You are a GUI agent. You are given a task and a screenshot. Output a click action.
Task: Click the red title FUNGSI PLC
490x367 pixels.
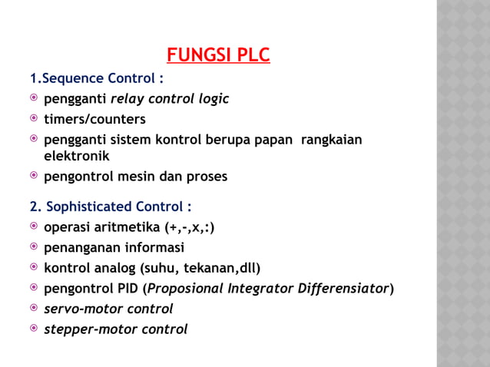tap(218, 56)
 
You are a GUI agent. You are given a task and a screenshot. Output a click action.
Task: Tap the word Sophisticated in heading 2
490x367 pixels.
tap(89, 207)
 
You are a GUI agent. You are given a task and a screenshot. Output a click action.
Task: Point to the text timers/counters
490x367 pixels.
tap(94, 119)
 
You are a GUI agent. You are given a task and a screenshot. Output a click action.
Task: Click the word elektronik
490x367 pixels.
tap(77, 155)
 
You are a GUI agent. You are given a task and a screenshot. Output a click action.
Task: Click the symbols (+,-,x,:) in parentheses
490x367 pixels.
tap(189, 227)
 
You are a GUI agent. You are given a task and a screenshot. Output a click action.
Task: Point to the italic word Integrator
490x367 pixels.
tap(263, 289)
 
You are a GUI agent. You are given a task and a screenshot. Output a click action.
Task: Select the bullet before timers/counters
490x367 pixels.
tap(34, 119)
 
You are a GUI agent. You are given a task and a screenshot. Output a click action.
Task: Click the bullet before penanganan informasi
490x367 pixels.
tap(34, 248)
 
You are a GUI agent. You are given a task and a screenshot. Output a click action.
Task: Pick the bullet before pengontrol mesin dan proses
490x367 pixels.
tap(34, 176)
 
